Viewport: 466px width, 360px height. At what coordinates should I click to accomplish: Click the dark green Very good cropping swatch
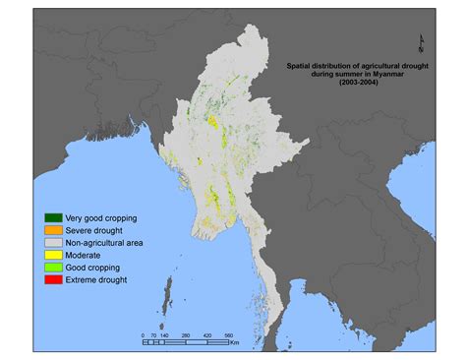pos(52,216)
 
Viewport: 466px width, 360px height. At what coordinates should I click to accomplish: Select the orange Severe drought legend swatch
pos(52,229)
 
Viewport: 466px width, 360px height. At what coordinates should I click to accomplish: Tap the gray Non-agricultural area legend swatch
pos(52,242)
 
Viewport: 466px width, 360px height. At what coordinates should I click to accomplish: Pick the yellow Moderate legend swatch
pos(52,254)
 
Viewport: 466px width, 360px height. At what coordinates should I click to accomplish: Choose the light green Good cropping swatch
pos(52,267)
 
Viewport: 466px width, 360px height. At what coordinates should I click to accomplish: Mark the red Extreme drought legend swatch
pos(52,279)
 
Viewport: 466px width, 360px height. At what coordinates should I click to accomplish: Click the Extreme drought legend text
pos(91,279)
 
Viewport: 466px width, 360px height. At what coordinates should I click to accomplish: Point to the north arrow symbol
pos(422,40)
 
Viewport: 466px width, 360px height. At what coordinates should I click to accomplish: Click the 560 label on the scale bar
pos(227,335)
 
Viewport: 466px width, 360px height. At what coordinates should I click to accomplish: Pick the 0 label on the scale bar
pos(143,335)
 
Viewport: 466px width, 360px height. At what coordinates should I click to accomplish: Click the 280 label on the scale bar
pos(185,335)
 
